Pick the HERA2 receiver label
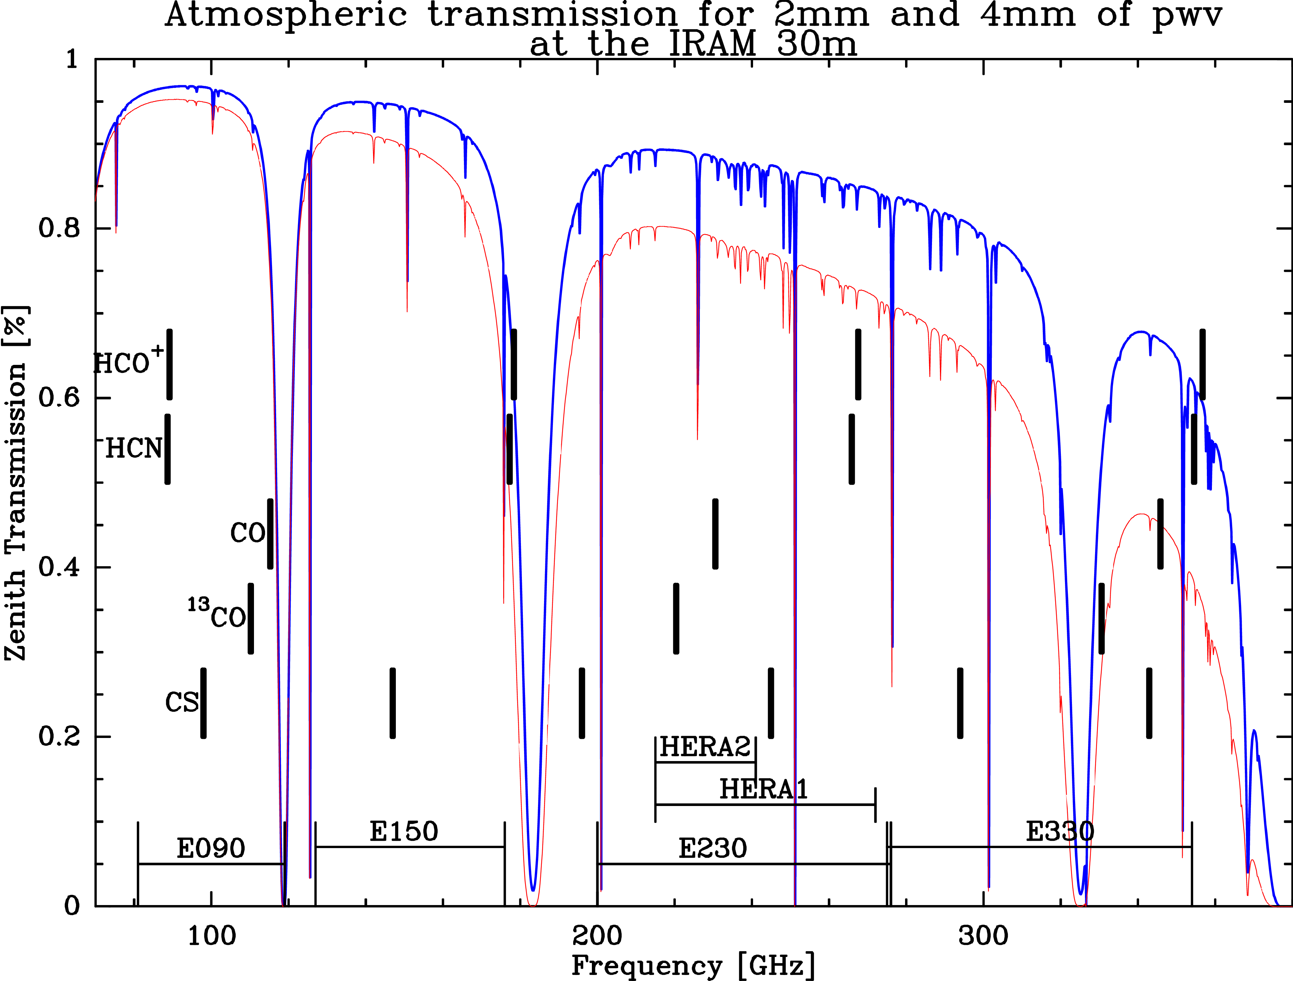tap(705, 747)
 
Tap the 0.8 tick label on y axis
tap(59, 228)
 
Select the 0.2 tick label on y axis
tap(59, 736)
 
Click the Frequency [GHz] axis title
tap(693, 965)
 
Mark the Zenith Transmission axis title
tap(16, 484)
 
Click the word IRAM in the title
tap(712, 44)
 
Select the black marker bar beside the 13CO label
tap(251, 618)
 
